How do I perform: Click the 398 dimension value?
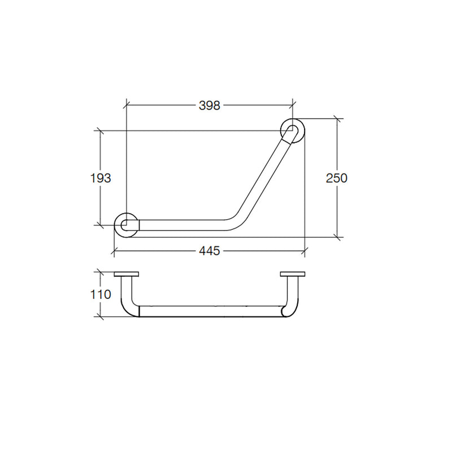point(209,106)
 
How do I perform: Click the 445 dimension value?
point(209,251)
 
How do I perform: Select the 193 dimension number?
point(101,178)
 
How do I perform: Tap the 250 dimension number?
point(336,178)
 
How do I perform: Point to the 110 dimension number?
point(101,294)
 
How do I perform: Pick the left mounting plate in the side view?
point(126,274)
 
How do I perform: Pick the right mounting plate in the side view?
point(293,274)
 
